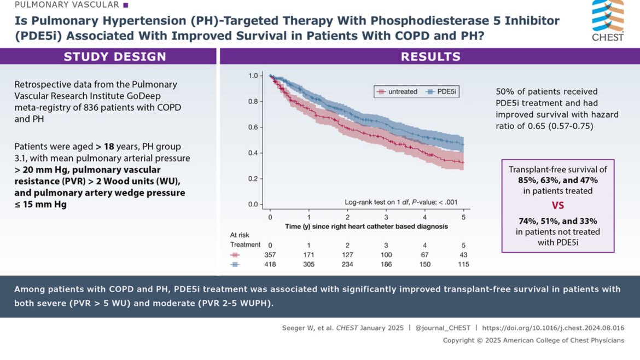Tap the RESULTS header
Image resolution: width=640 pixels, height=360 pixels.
pyautogui.click(x=430, y=57)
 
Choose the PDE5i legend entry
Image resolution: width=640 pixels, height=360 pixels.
pyautogui.click(x=441, y=92)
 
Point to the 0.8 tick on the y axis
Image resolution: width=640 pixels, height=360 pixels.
pyautogui.click(x=253, y=101)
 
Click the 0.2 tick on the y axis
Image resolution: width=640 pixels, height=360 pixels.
pyautogui.click(x=253, y=179)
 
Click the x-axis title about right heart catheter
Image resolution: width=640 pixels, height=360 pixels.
pyautogui.click(x=366, y=226)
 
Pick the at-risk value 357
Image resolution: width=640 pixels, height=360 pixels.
pyautogui.click(x=270, y=255)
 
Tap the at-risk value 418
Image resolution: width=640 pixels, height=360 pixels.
pyautogui.click(x=270, y=265)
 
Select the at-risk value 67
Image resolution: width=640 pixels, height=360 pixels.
pyautogui.click(x=424, y=255)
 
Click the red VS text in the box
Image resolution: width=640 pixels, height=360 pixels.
pyautogui.click(x=557, y=206)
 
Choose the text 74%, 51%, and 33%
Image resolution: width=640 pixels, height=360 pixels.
pyautogui.click(x=557, y=222)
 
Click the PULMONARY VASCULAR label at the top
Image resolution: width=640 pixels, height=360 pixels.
pyautogui.click(x=67, y=5)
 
